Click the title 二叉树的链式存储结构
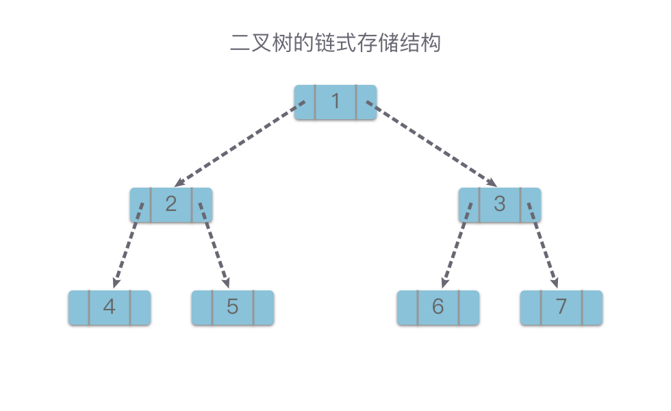point(335,42)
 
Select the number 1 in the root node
point(335,101)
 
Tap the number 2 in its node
point(171,204)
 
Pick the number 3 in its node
point(499,204)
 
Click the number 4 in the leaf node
point(110,307)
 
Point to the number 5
point(232,307)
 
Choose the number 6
point(438,307)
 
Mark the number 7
point(561,307)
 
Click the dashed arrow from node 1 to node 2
point(240,144)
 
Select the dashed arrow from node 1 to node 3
point(431,144)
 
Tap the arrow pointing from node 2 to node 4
point(128,245)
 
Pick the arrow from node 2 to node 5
point(214,245)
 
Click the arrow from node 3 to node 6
point(457,245)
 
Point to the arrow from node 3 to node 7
point(543,245)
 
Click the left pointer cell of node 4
point(79,308)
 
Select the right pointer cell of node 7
point(592,308)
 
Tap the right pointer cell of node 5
point(264,308)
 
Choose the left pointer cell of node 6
point(407,308)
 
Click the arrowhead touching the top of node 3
point(492,183)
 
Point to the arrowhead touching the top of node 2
point(179,183)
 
